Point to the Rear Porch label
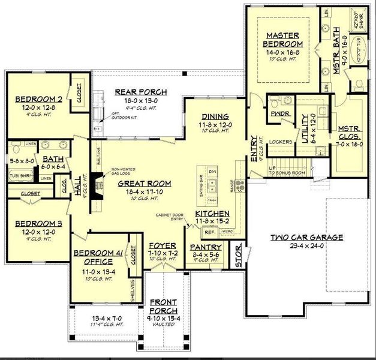[140, 92]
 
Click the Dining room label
[213, 118]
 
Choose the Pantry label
[206, 247]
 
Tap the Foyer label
[162, 246]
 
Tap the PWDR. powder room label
[276, 113]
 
